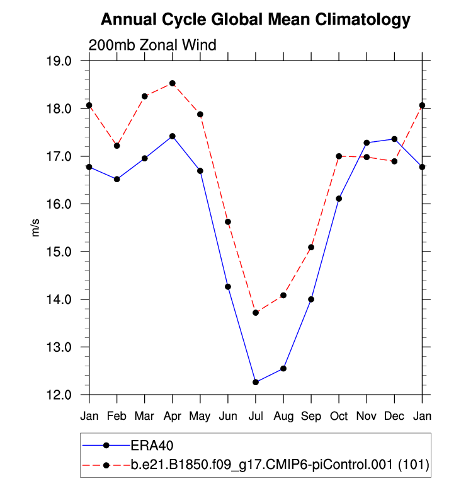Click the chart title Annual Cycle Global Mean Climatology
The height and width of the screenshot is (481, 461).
(256, 20)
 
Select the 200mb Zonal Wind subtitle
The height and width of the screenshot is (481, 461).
(152, 45)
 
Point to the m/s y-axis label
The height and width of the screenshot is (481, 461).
(36, 228)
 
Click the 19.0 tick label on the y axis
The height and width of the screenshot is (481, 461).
(69, 61)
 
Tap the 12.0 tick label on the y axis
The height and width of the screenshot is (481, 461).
(69, 395)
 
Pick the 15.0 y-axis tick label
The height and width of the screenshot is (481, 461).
(69, 252)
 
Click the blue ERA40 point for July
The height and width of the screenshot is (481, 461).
(256, 382)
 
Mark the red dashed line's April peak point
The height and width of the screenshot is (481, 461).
(173, 83)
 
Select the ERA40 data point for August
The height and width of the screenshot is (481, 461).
(283, 368)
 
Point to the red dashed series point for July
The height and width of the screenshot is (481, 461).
(256, 313)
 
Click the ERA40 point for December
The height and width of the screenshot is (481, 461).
(394, 139)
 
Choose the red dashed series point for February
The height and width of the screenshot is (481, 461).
(117, 146)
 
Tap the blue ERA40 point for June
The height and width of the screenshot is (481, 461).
(228, 287)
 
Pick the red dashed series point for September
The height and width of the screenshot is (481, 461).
(311, 247)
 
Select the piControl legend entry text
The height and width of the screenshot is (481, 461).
(279, 465)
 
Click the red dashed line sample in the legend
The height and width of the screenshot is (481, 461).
(106, 465)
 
